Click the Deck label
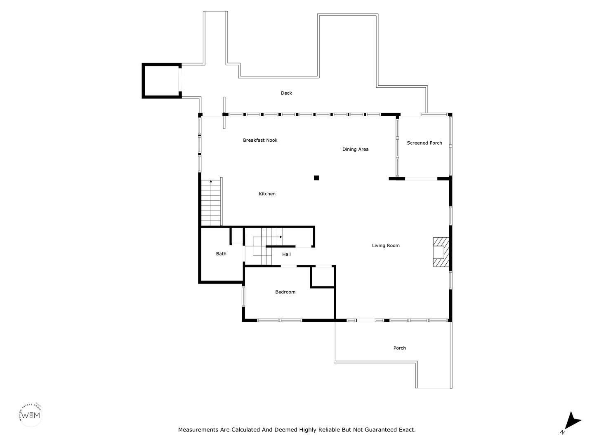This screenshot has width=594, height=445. pyautogui.click(x=286, y=93)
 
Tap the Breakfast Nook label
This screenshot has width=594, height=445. pyautogui.click(x=260, y=140)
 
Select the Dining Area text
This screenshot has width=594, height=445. pyautogui.click(x=355, y=150)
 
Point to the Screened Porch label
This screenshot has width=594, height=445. pyautogui.click(x=424, y=143)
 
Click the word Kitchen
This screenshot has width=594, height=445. pyautogui.click(x=267, y=194)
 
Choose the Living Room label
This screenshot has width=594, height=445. pyautogui.click(x=386, y=246)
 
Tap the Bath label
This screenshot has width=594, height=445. pyautogui.click(x=221, y=254)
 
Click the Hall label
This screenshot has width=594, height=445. pyautogui.click(x=286, y=254)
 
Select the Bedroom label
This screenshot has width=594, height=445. pyautogui.click(x=285, y=292)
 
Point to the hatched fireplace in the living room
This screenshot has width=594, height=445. pyautogui.click(x=441, y=252)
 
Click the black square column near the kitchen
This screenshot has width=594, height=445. pyautogui.click(x=316, y=178)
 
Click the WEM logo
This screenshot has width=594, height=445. pyautogui.click(x=31, y=415)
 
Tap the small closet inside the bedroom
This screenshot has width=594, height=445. pyautogui.click(x=323, y=276)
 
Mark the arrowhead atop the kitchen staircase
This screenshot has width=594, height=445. pyautogui.click(x=211, y=182)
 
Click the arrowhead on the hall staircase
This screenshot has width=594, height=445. pyautogui.click(x=281, y=237)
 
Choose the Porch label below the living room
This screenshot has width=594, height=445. pyautogui.click(x=399, y=348)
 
